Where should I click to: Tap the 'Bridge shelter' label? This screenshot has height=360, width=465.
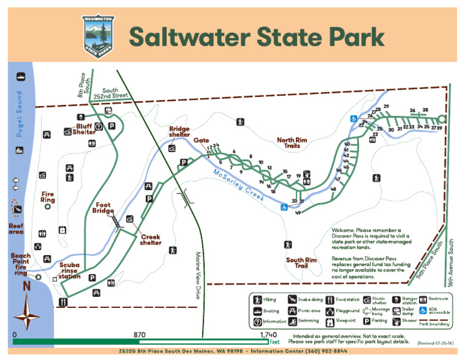tap(179, 132)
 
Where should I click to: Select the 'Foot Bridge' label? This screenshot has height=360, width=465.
tap(104, 208)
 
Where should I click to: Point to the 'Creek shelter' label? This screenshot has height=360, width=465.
tap(151, 240)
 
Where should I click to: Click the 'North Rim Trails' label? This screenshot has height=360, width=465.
tap(292, 143)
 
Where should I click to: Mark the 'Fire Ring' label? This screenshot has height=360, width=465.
tap(48, 197)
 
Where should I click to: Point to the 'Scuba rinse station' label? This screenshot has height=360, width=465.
tap(70, 271)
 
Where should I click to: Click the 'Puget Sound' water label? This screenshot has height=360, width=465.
tap(19, 113)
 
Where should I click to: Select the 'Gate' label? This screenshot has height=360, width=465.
tap(202, 141)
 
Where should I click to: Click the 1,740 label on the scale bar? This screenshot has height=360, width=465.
tap(268, 335)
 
